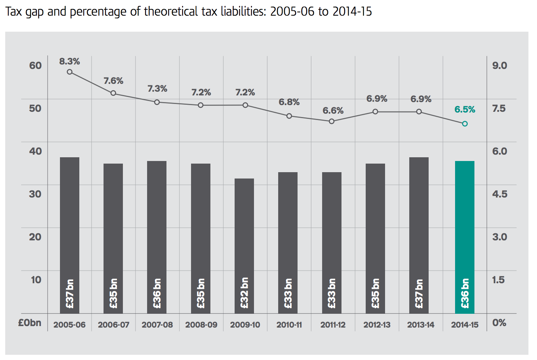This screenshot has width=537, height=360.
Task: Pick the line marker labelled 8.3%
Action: tap(70, 72)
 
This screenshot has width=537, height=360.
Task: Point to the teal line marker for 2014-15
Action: tap(465, 124)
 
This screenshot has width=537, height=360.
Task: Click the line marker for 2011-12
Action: tap(331, 121)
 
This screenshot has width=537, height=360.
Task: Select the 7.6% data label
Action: tap(113, 81)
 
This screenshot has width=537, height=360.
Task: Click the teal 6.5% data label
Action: tap(465, 110)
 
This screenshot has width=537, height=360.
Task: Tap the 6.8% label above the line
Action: tap(289, 102)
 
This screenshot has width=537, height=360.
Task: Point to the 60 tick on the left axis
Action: tap(35, 66)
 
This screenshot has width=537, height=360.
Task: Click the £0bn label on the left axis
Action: tap(30, 323)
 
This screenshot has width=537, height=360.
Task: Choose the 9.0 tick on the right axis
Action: tap(499, 66)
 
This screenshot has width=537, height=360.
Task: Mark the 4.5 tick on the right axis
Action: tap(499, 194)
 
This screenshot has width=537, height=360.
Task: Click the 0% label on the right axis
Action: tap(499, 323)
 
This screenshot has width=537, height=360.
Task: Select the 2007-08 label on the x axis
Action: tap(157, 325)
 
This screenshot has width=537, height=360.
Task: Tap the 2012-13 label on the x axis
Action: tap(377, 325)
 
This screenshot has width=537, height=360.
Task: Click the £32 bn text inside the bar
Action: tap(244, 293)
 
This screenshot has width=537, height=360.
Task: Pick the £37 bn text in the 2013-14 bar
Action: tap(419, 294)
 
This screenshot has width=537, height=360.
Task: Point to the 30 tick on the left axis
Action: tap(35, 194)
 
